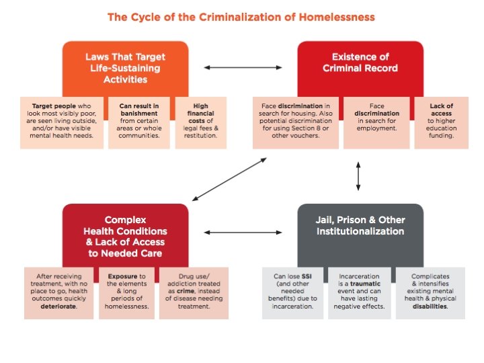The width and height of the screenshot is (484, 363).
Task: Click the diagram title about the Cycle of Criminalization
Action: point(241,16)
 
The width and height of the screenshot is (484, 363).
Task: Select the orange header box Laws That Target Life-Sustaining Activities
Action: point(125,68)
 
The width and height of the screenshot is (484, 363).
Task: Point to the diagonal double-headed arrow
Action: point(229,179)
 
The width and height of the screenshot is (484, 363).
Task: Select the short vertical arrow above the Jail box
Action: point(358,175)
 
